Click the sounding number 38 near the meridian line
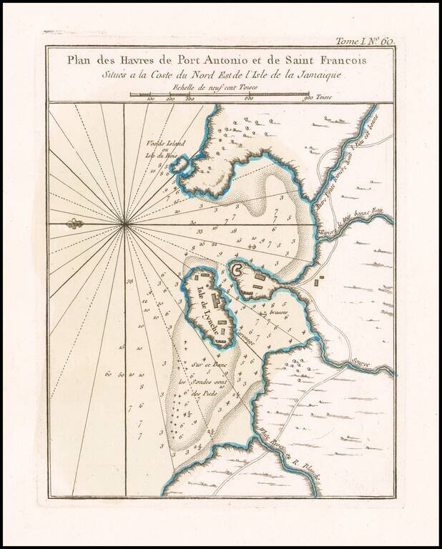(130, 282)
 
